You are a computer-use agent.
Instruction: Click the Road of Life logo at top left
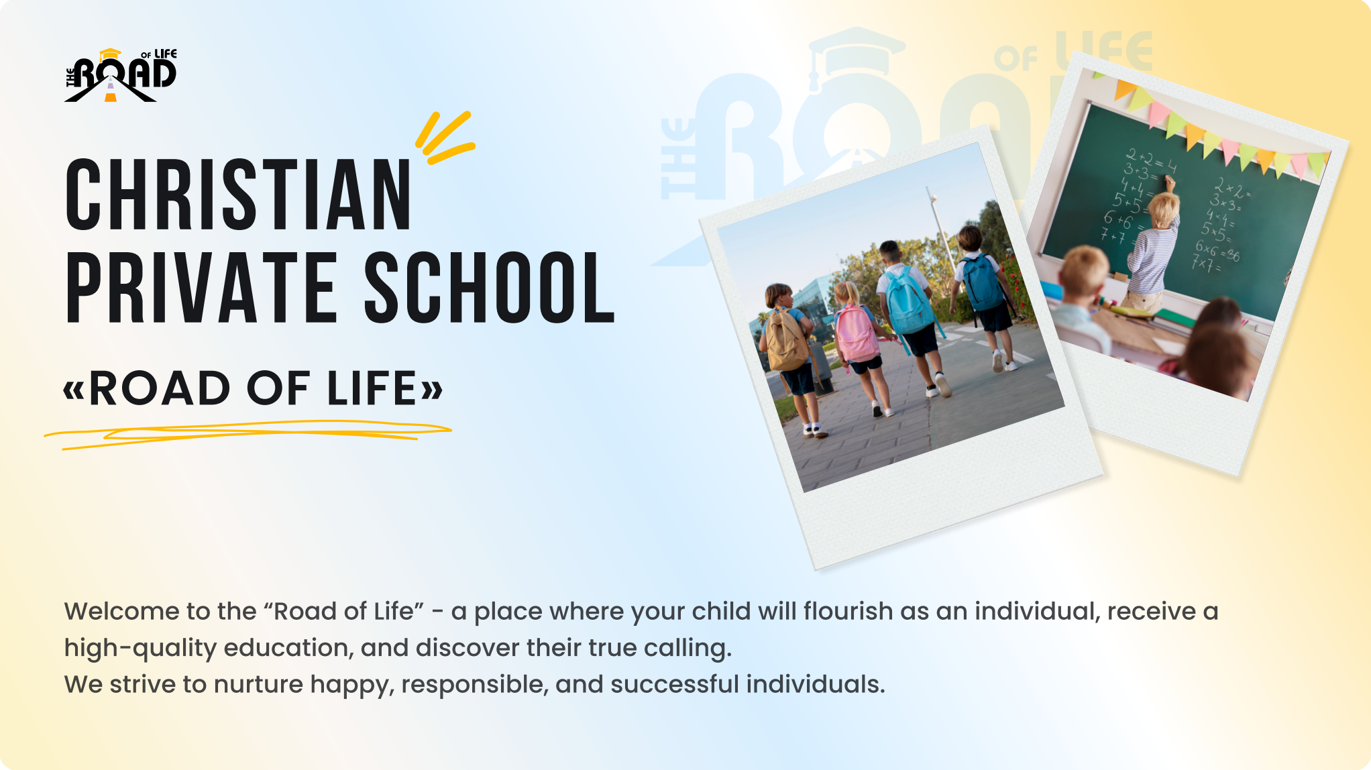point(121,75)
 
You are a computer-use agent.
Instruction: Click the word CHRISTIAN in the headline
point(238,195)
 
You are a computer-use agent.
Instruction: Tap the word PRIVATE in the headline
point(201,288)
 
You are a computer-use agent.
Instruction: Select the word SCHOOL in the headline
point(490,288)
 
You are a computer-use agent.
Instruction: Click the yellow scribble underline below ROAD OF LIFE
point(248,433)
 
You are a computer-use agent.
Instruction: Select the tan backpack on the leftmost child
point(786,339)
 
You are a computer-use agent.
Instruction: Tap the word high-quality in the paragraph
point(140,649)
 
